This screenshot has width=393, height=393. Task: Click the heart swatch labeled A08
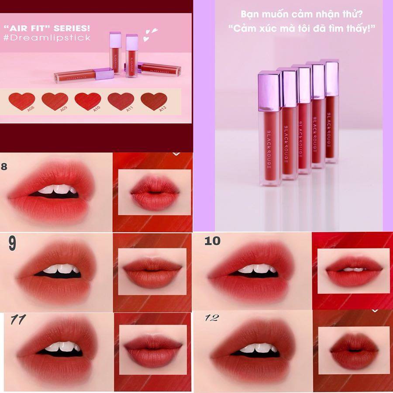pyautogui.click(x=22, y=100)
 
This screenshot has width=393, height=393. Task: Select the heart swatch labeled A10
pyautogui.click(x=88, y=100)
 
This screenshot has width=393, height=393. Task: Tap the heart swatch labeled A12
pyautogui.click(x=153, y=100)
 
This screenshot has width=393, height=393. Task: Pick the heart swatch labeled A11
pyautogui.click(x=121, y=100)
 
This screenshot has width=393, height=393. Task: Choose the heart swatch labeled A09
pyautogui.click(x=55, y=100)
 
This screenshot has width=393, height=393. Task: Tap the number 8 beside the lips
pyautogui.click(x=4, y=166)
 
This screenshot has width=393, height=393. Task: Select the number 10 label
pyautogui.click(x=214, y=241)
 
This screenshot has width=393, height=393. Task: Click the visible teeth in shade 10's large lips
pyautogui.click(x=253, y=269)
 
